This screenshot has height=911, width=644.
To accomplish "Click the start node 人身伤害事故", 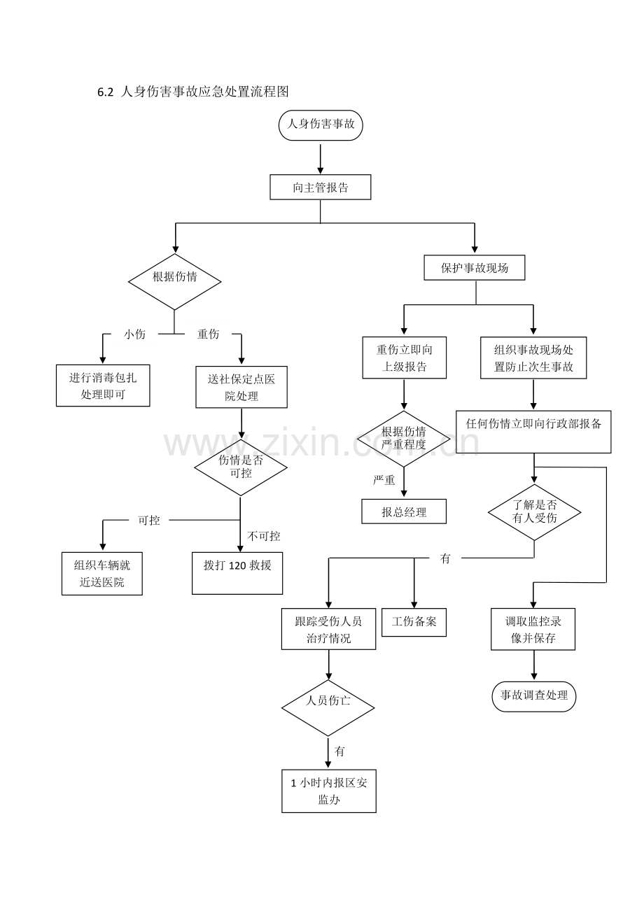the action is pyautogui.click(x=321, y=125).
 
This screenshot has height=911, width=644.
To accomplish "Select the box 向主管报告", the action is pyautogui.click(x=321, y=187).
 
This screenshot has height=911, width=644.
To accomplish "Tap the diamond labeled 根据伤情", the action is pyautogui.click(x=175, y=282).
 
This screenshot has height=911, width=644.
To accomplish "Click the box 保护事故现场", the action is pyautogui.click(x=475, y=267).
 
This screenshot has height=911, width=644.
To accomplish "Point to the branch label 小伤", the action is pyautogui.click(x=134, y=334).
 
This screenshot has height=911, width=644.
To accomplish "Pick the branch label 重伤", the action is pyautogui.click(x=209, y=334).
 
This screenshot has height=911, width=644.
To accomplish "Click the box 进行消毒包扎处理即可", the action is pyautogui.click(x=103, y=386).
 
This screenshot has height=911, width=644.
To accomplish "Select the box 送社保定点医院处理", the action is pyautogui.click(x=241, y=387).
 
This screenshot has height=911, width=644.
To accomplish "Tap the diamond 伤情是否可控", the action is pyautogui.click(x=241, y=467).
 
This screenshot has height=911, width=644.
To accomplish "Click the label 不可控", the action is pyautogui.click(x=264, y=536).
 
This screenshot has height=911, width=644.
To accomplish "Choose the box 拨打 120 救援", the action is pyautogui.click(x=237, y=573).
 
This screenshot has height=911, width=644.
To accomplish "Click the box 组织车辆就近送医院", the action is pyautogui.click(x=102, y=574).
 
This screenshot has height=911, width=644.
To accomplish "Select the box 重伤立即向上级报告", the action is pyautogui.click(x=405, y=358).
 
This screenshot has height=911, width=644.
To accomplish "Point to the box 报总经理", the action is pyautogui.click(x=404, y=511).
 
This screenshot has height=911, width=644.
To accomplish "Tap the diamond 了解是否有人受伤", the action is pyautogui.click(x=535, y=512).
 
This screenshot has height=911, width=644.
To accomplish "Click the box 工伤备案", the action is pyautogui.click(x=414, y=622).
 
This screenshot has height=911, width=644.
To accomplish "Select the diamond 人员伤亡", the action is pyautogui.click(x=328, y=708).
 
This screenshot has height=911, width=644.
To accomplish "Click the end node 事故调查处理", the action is pyautogui.click(x=534, y=697).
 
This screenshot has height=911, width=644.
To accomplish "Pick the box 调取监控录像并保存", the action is pyautogui.click(x=533, y=629).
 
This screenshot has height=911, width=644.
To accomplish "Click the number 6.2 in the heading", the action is pyautogui.click(x=106, y=92).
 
